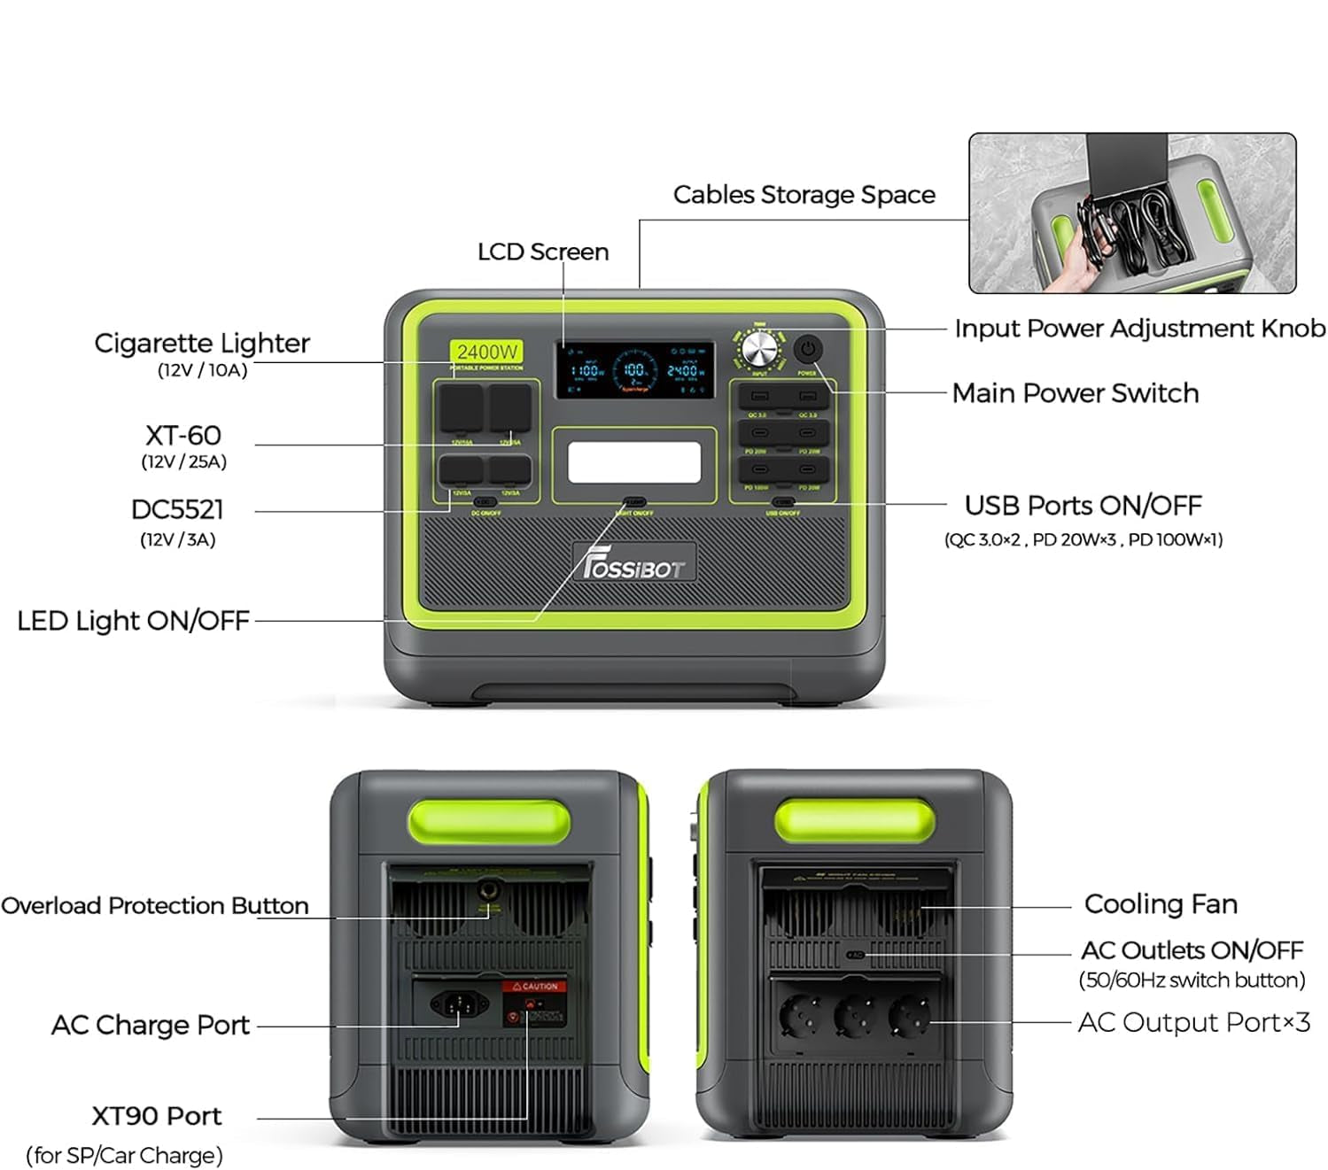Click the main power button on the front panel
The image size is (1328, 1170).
point(807,348)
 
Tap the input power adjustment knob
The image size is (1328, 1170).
point(758,350)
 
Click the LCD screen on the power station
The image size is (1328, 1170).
point(634,369)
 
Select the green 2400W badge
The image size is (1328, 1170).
point(486,352)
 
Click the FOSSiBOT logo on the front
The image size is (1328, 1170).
point(634,563)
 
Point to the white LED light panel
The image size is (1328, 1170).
point(634,462)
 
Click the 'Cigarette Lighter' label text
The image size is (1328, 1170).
point(202,343)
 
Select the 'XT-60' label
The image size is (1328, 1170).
point(183,435)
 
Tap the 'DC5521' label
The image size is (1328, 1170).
point(177,509)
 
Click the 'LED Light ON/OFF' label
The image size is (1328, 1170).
point(133,621)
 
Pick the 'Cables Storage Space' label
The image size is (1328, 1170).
point(804,195)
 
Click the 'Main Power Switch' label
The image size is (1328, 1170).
point(1075,392)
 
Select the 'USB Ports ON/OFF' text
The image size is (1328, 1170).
point(1083,505)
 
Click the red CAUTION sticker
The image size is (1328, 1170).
point(534,986)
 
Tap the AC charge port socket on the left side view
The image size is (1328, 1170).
point(458,1004)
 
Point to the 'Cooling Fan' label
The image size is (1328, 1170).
point(1161,903)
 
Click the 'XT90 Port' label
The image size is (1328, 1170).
point(157,1116)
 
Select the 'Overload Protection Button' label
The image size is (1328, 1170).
point(155,905)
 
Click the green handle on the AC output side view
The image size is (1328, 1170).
point(853,819)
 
